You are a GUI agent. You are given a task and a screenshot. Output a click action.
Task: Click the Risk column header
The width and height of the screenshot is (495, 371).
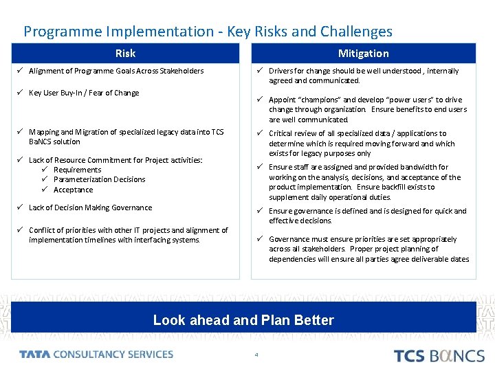[125, 54]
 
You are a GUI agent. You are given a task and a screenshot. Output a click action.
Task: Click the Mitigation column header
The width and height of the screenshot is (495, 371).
[363, 54]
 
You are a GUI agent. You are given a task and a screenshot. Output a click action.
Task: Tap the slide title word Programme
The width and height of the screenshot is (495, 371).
[60, 32]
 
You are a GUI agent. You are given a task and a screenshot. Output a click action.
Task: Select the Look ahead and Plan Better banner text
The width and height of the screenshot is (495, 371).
[243, 320]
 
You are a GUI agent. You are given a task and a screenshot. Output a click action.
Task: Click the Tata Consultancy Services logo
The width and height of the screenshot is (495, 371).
[96, 355]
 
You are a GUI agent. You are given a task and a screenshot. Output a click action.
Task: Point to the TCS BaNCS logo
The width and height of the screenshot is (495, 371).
[439, 355]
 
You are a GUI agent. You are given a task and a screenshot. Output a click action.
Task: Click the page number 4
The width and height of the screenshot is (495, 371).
[256, 355]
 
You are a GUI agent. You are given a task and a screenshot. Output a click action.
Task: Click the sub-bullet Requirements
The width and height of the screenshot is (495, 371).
[77, 170]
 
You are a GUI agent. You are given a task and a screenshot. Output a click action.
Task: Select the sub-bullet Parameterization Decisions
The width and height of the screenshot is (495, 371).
[99, 179]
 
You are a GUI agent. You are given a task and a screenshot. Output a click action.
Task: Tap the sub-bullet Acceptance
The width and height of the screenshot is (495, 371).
[73, 190]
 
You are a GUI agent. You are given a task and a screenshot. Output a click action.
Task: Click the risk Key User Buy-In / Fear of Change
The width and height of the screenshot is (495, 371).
[84, 93]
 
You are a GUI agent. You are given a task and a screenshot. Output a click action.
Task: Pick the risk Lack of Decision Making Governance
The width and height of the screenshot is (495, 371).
[91, 207]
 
